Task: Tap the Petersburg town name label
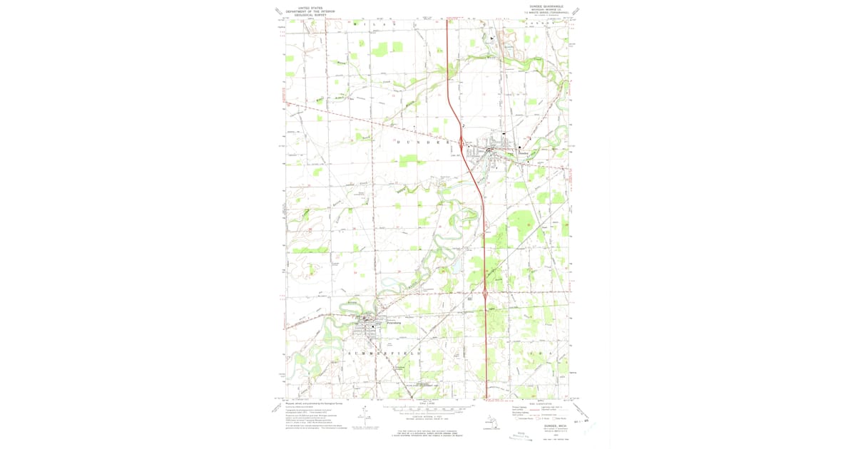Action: (394, 324)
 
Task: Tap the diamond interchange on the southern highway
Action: (486, 292)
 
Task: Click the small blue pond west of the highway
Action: (447, 270)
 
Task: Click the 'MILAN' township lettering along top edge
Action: (374, 24)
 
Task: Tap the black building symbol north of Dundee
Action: (503, 133)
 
